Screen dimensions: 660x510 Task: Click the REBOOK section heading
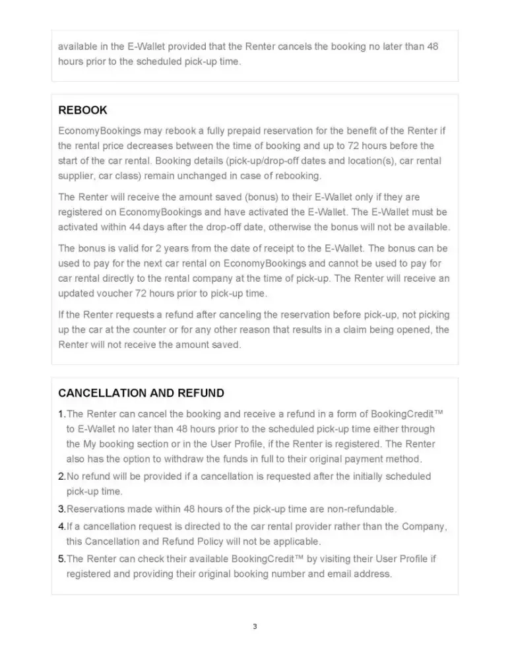coord(82,110)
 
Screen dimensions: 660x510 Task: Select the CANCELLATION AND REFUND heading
coord(141,393)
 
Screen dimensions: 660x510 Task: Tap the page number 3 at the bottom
coord(255,626)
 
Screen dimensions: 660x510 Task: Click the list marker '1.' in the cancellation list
coord(62,414)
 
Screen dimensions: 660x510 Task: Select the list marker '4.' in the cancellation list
coord(62,527)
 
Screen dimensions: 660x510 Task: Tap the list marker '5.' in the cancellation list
coord(62,559)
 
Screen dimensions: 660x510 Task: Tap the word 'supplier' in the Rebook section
coord(79,176)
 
